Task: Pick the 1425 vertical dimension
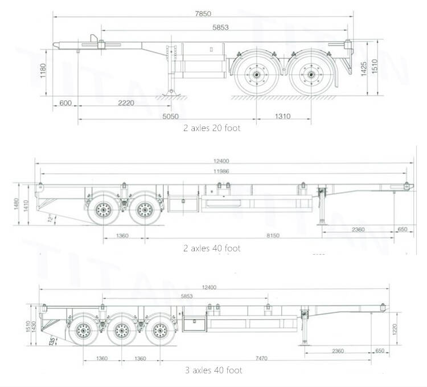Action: coord(363,69)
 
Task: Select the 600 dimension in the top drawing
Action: coord(65,103)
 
